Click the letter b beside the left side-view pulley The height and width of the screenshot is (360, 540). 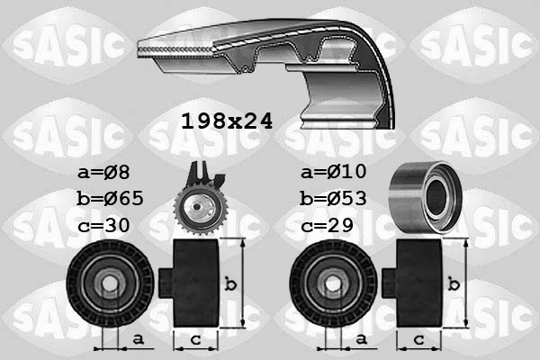pos(229,285)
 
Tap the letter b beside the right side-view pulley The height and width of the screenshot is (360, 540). pos(455,285)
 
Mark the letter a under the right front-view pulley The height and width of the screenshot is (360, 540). pos(360,338)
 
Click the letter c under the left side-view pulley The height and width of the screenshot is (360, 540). pos(193,339)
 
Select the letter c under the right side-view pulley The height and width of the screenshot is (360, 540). pos(418,339)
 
